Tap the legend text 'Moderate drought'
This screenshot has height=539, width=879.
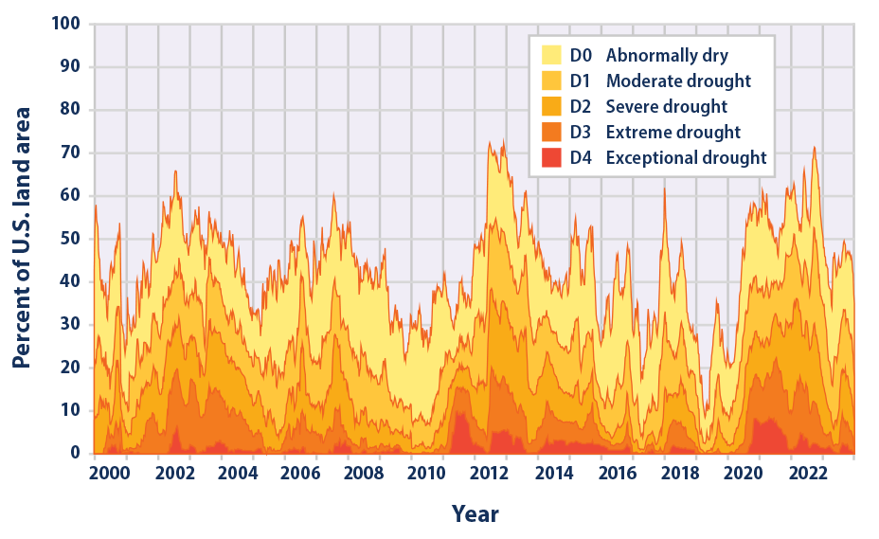click(x=677, y=81)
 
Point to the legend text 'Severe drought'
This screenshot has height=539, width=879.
click(x=666, y=106)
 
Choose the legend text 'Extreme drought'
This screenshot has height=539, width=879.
click(x=673, y=132)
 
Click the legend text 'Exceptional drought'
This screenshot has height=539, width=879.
click(x=686, y=158)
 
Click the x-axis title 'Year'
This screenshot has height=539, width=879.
click(x=475, y=514)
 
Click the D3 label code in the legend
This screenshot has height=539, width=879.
click(x=583, y=132)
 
